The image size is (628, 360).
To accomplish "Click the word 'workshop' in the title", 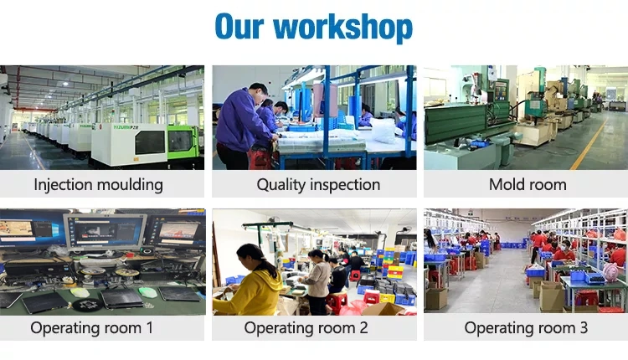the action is point(342,28).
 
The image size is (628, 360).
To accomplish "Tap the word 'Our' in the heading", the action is point(239,27).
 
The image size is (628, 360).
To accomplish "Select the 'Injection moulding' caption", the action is point(99,185).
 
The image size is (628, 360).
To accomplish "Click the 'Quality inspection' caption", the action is point(318,185).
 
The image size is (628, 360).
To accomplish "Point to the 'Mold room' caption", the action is point(528,185).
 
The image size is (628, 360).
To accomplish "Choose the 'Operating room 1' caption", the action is point(92,328).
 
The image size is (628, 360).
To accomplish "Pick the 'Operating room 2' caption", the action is point(306,328).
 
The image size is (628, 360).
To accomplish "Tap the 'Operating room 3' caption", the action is point(526,328).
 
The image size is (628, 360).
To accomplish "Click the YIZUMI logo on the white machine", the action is point(126,127).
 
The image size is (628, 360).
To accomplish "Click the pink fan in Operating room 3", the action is point(611,272).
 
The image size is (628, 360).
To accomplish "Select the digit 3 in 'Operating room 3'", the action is point(584,328).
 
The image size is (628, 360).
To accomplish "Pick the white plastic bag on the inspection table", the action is point(383,131).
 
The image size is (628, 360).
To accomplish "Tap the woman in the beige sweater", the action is point(317,281).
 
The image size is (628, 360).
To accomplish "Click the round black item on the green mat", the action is point(88,305).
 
